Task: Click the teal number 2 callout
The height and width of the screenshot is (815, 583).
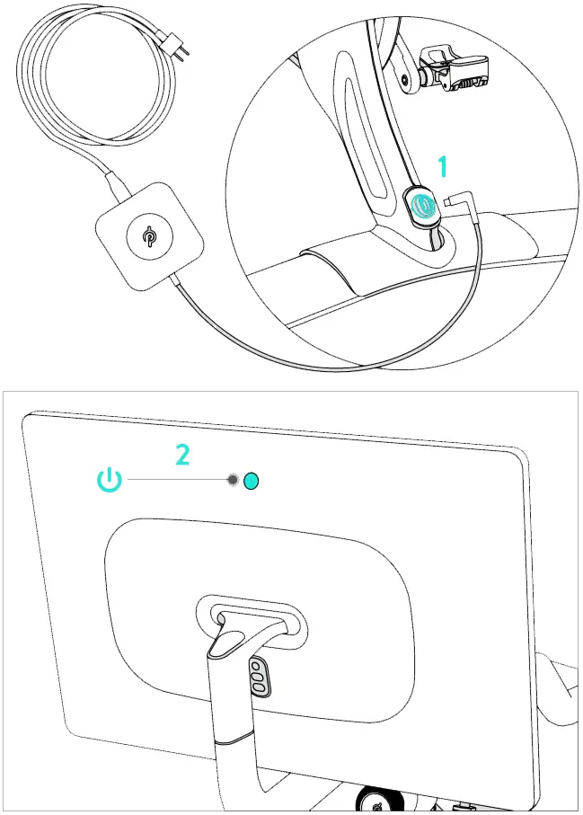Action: [182, 455]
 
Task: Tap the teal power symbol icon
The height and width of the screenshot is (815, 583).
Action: [109, 480]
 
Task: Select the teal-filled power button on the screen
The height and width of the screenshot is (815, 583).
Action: [252, 481]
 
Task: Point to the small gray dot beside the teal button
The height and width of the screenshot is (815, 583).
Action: [234, 481]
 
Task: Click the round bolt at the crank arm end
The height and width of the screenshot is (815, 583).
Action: [410, 79]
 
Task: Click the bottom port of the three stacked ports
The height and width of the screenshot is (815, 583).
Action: [258, 687]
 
